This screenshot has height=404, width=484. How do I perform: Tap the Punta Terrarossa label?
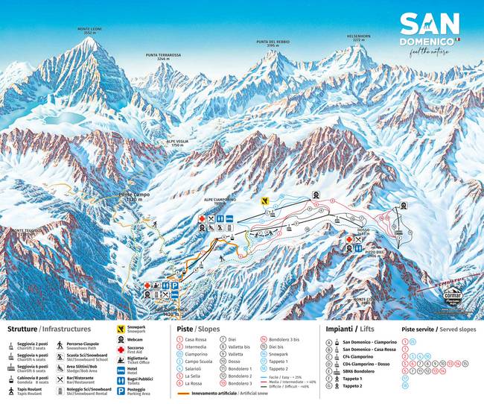(163, 56)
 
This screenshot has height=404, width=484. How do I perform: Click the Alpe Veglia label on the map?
(176, 145)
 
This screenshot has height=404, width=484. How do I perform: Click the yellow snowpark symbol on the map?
(264, 201)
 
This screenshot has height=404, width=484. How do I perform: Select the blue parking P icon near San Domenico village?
(174, 285)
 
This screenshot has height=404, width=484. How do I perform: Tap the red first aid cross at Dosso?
(348, 239)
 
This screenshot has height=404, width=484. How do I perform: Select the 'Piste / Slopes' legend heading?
(200, 329)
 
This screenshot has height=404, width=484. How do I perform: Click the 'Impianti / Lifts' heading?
(351, 329)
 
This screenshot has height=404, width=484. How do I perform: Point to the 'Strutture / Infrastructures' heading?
(49, 329)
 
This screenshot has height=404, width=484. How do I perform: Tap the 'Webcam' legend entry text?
(138, 340)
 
